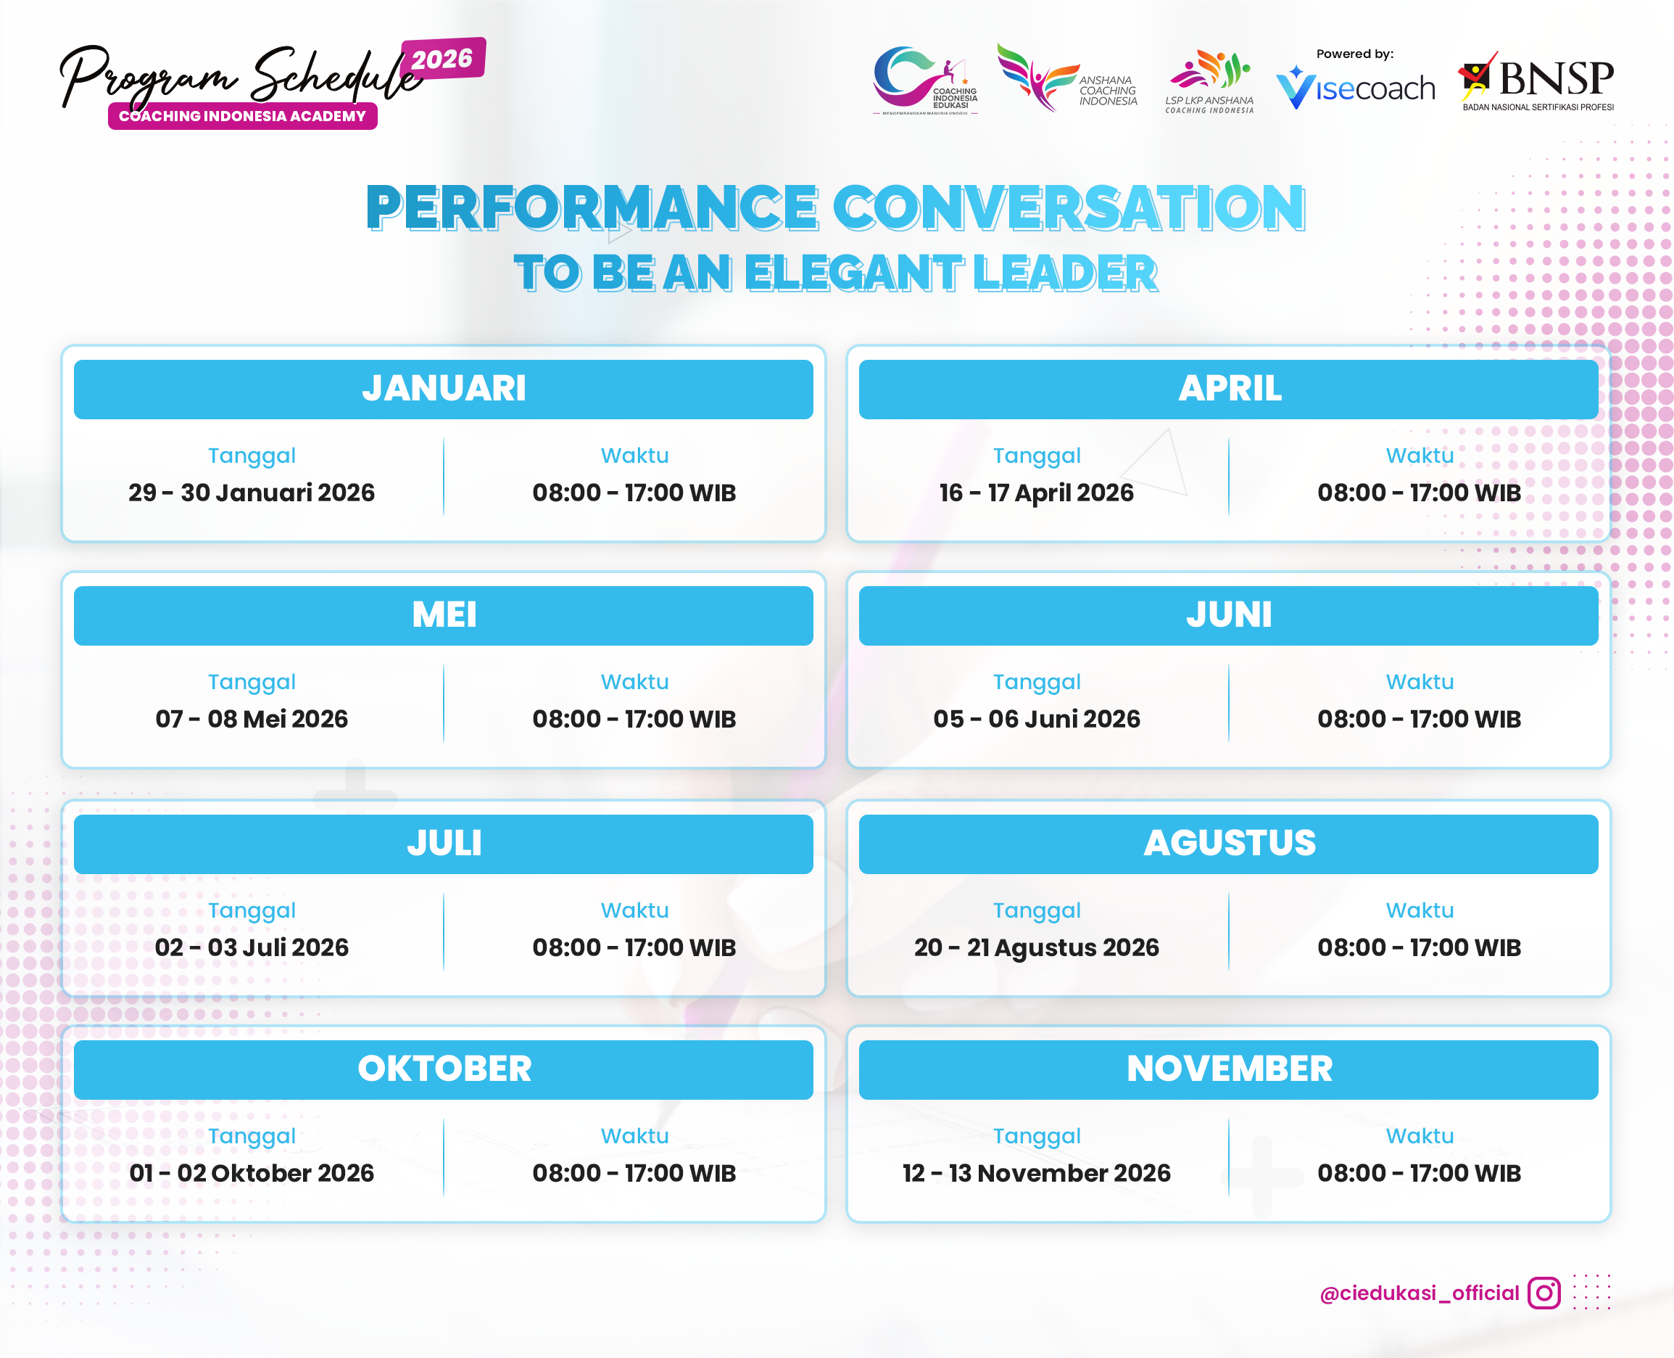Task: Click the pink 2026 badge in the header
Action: tap(442, 59)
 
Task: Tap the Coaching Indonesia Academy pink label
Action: tap(242, 117)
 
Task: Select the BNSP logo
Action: tap(1537, 81)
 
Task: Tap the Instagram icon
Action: tap(1544, 1293)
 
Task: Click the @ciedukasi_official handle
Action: tap(1419, 1293)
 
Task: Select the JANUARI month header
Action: tap(443, 389)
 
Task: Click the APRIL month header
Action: tap(1228, 389)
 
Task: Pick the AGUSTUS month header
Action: tap(1228, 843)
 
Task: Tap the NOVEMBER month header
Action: tap(1228, 1069)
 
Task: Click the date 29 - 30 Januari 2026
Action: tap(252, 493)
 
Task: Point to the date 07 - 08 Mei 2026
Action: tap(252, 719)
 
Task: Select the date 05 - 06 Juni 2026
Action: tap(1037, 719)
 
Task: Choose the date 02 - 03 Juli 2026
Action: tap(252, 947)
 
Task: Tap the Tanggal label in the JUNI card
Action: tap(1037, 682)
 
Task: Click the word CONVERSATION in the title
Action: tap(1069, 208)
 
